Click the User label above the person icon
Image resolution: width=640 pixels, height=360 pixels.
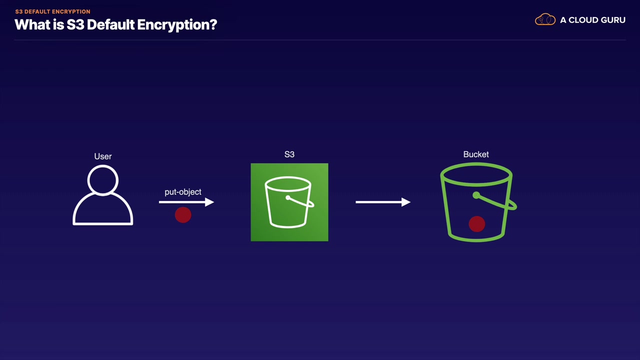103,156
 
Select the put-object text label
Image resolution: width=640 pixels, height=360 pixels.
183,192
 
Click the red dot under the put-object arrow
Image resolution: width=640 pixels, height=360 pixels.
183,215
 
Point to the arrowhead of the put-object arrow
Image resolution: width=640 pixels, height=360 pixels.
209,202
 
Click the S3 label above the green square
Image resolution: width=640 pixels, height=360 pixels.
289,154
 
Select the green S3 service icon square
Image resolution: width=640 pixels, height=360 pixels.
289,202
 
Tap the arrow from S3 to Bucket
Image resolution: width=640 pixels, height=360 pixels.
382,202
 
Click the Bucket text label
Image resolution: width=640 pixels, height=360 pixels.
476,154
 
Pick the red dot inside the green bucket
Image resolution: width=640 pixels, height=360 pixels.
476,224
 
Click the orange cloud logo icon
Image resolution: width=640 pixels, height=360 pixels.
545,20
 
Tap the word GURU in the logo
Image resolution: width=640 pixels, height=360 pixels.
611,20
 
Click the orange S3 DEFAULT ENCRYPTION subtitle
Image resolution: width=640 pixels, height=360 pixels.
52,11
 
